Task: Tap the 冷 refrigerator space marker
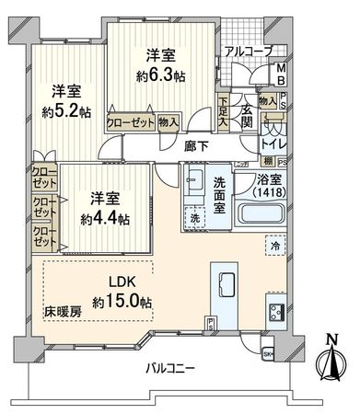coord(275,246)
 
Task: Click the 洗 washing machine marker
coord(195,220)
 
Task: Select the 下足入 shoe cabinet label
coord(224,111)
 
